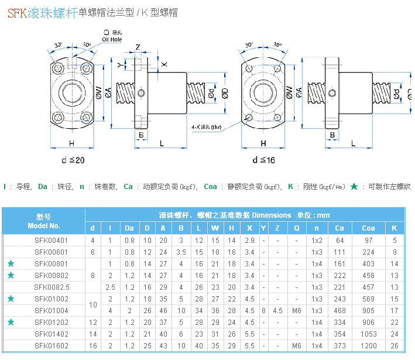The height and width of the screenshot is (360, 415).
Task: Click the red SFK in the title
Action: (x=18, y=12)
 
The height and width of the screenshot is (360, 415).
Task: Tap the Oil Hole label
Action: (x=112, y=40)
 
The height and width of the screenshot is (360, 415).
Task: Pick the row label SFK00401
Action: (x=52, y=241)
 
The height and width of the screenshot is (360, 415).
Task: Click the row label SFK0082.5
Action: (x=52, y=287)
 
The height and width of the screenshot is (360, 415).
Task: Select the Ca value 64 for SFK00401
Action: (x=340, y=241)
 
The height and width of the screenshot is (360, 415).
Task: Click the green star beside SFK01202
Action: (x=11, y=322)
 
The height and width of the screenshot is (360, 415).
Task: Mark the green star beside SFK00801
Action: (x=11, y=264)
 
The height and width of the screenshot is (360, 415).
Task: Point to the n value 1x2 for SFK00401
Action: (x=317, y=241)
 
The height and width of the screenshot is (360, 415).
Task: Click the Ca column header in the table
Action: (x=340, y=228)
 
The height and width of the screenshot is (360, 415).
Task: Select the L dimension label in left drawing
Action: (x=162, y=143)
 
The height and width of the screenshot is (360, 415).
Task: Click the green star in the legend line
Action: (x=354, y=187)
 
